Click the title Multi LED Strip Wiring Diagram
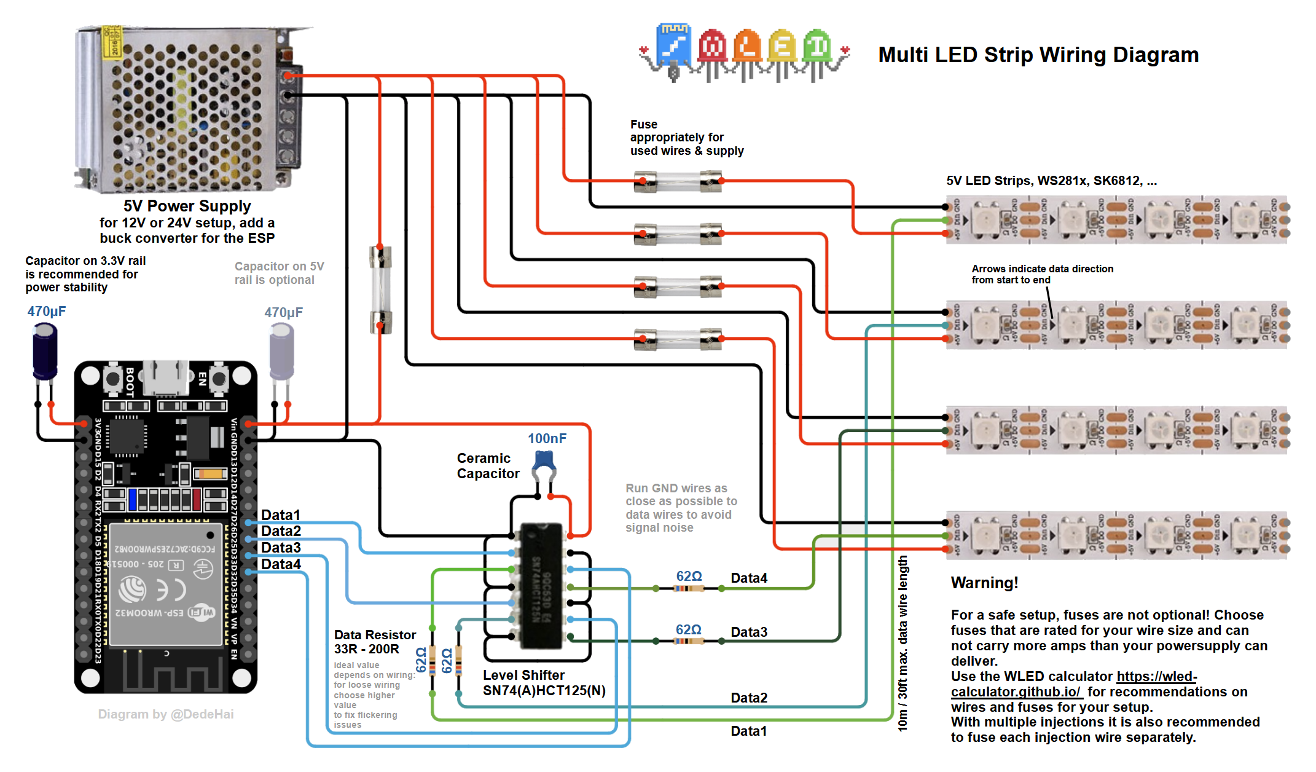pos(1038,55)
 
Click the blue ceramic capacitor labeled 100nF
pos(544,461)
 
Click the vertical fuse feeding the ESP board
pos(380,289)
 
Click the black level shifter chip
pos(541,586)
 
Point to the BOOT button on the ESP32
pos(113,379)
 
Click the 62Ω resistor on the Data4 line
pos(689,588)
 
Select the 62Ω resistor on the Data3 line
pos(689,641)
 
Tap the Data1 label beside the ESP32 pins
pos(281,515)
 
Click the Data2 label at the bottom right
pos(749,698)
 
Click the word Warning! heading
pos(984,583)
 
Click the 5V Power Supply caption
pos(187,206)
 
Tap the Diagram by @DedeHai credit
pos(166,714)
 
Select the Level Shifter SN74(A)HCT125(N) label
pos(544,683)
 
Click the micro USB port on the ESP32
pos(165,377)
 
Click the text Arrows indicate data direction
pos(1042,269)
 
